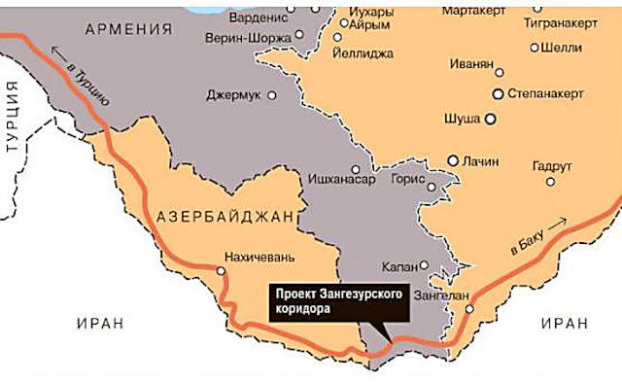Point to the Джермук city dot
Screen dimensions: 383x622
pyautogui.click(x=272, y=95)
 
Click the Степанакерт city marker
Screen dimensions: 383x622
pyautogui.click(x=498, y=94)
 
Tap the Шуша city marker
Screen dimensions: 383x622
pyautogui.click(x=491, y=118)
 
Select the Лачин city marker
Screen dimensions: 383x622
pyautogui.click(x=453, y=159)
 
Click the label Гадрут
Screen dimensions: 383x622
pyautogui.click(x=551, y=165)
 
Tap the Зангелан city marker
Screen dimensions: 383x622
pyautogui.click(x=469, y=309)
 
